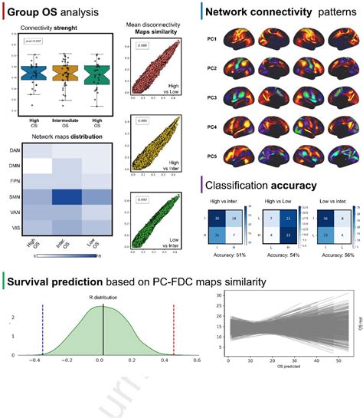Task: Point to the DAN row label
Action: (14, 151)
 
